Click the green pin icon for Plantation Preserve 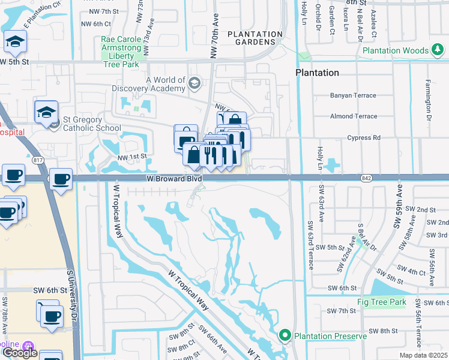point(285,335)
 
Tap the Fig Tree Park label point(381,302)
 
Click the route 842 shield point(366,178)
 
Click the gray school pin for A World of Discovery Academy point(194,83)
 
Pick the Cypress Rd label point(364,137)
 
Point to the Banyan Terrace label point(353,95)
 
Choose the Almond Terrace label point(354,116)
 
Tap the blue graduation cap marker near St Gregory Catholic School point(46,112)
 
